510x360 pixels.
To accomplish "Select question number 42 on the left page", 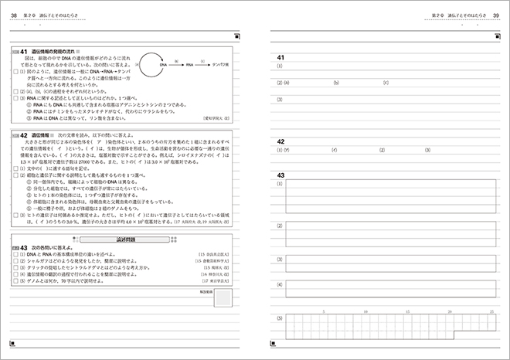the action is (24, 134).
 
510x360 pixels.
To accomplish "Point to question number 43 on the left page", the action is (24, 247).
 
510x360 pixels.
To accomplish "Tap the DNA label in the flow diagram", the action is (165, 65).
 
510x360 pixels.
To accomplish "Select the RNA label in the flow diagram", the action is (189, 65).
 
